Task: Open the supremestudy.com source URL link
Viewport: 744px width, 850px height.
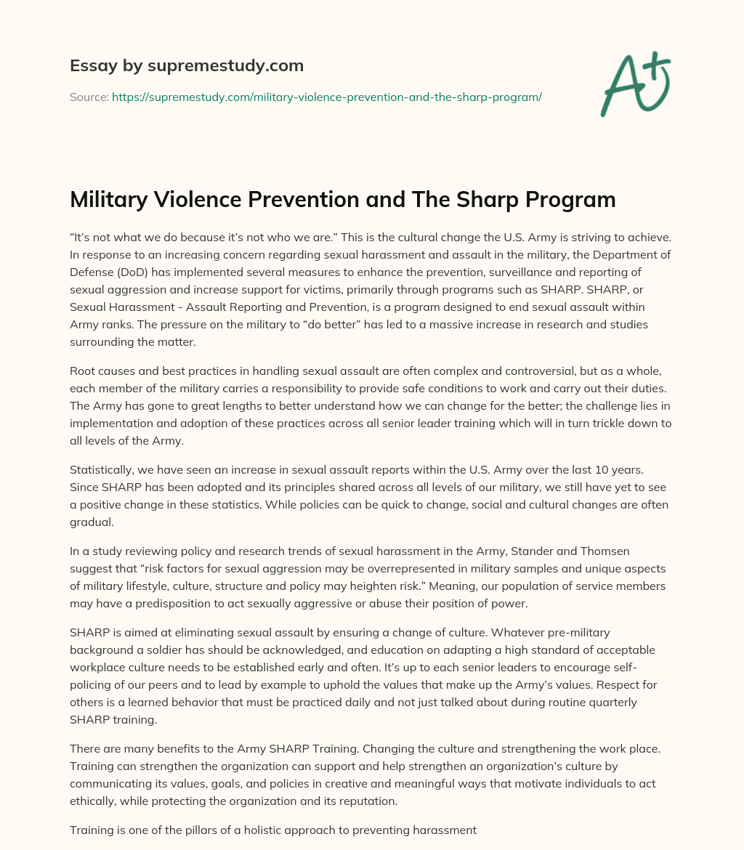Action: click(x=326, y=97)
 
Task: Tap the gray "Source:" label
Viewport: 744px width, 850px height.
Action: click(x=89, y=97)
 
